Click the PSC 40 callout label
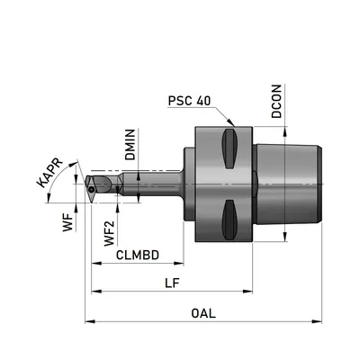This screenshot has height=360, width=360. tap(189, 101)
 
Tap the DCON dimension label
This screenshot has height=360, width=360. tap(276, 101)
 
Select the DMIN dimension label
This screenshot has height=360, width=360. tap(130, 145)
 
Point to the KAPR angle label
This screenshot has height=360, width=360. tap(49, 172)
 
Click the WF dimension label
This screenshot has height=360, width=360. tap(67, 222)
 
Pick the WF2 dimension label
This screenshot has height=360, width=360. tap(109, 233)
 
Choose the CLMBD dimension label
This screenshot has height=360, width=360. tap(138, 255)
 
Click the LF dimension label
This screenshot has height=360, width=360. tap(172, 283)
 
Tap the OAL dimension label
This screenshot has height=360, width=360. tap(203, 313)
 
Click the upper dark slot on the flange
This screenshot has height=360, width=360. tap(229, 148)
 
